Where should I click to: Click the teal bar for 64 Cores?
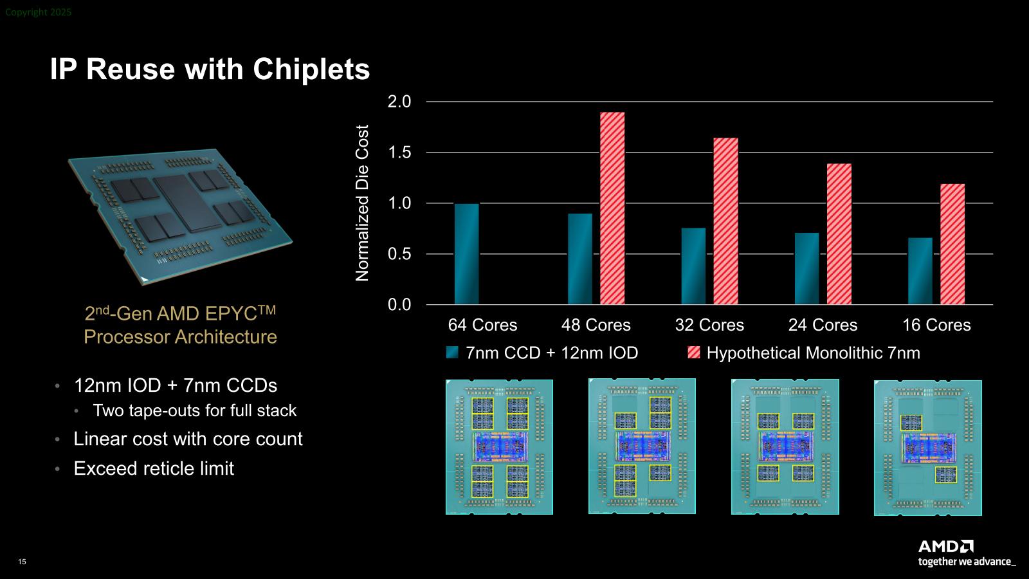(x=466, y=254)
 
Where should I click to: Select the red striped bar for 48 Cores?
(x=612, y=208)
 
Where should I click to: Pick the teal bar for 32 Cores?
(x=693, y=266)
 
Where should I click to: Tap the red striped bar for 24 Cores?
(x=839, y=234)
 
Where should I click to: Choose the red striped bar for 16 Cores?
(x=952, y=244)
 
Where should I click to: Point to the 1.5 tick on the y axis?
(x=399, y=152)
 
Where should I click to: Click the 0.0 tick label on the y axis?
(x=399, y=304)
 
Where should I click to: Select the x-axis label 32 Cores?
(x=709, y=325)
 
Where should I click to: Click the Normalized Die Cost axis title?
(x=363, y=203)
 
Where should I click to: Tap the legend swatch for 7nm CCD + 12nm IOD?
(x=453, y=353)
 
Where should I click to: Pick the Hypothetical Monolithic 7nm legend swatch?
(x=694, y=353)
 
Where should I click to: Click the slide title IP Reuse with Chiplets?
(x=210, y=69)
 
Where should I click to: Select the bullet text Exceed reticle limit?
(x=154, y=468)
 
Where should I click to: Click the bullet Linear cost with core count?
(x=188, y=439)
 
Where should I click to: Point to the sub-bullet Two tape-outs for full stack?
(x=194, y=410)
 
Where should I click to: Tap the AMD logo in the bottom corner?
(x=945, y=547)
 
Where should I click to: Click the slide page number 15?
(x=23, y=562)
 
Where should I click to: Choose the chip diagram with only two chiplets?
(x=927, y=448)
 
